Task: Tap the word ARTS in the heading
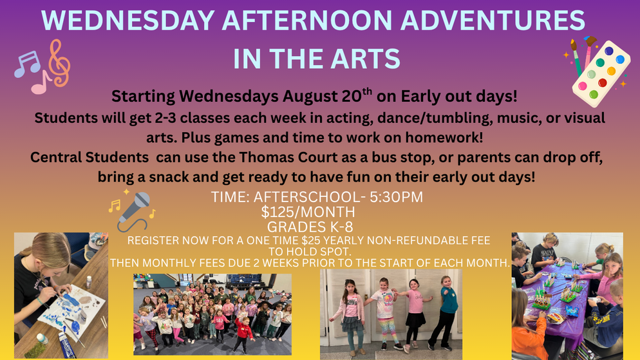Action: (x=365, y=59)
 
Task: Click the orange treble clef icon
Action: (x=60, y=63)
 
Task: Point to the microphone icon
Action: (x=134, y=211)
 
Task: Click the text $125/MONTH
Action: (x=308, y=212)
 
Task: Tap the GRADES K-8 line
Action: (x=310, y=227)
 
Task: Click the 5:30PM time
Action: (x=397, y=197)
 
